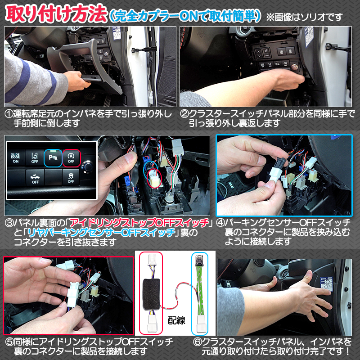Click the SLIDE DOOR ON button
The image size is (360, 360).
(16, 158)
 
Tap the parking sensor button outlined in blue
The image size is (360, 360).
(53, 158)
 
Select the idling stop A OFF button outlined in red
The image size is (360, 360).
(71, 158)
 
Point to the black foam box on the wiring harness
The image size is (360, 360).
(151, 294)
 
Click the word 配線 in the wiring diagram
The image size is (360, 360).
(176, 320)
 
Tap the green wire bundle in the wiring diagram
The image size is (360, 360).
(200, 290)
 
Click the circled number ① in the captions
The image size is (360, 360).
(9, 114)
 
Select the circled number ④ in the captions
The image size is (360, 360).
(220, 223)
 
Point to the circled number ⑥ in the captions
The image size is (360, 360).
(197, 342)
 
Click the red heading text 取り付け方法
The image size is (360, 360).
(56, 14)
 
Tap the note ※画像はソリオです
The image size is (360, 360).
(305, 17)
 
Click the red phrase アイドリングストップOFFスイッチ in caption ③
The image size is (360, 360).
(139, 223)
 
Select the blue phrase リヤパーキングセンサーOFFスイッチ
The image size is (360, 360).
(101, 233)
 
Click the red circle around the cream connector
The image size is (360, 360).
(154, 178)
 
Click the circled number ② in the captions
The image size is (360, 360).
(184, 114)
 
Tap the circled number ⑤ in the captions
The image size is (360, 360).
(9, 342)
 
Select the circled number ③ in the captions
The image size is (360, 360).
(9, 223)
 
